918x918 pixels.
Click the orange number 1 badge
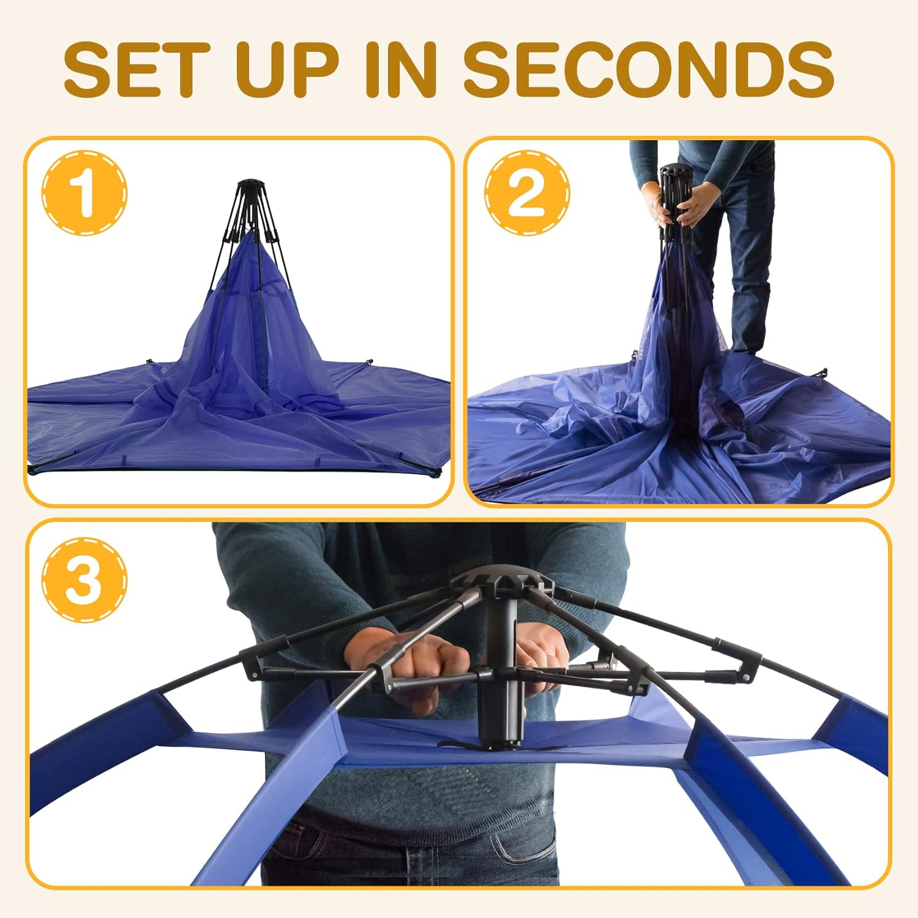(85, 193)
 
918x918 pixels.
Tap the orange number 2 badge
(527, 193)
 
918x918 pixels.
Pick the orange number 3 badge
(85, 578)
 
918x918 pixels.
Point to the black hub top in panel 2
(677, 171)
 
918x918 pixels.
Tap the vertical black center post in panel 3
(502, 673)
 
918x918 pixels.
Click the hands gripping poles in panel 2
(673, 214)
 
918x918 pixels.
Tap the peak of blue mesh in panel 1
(251, 245)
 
